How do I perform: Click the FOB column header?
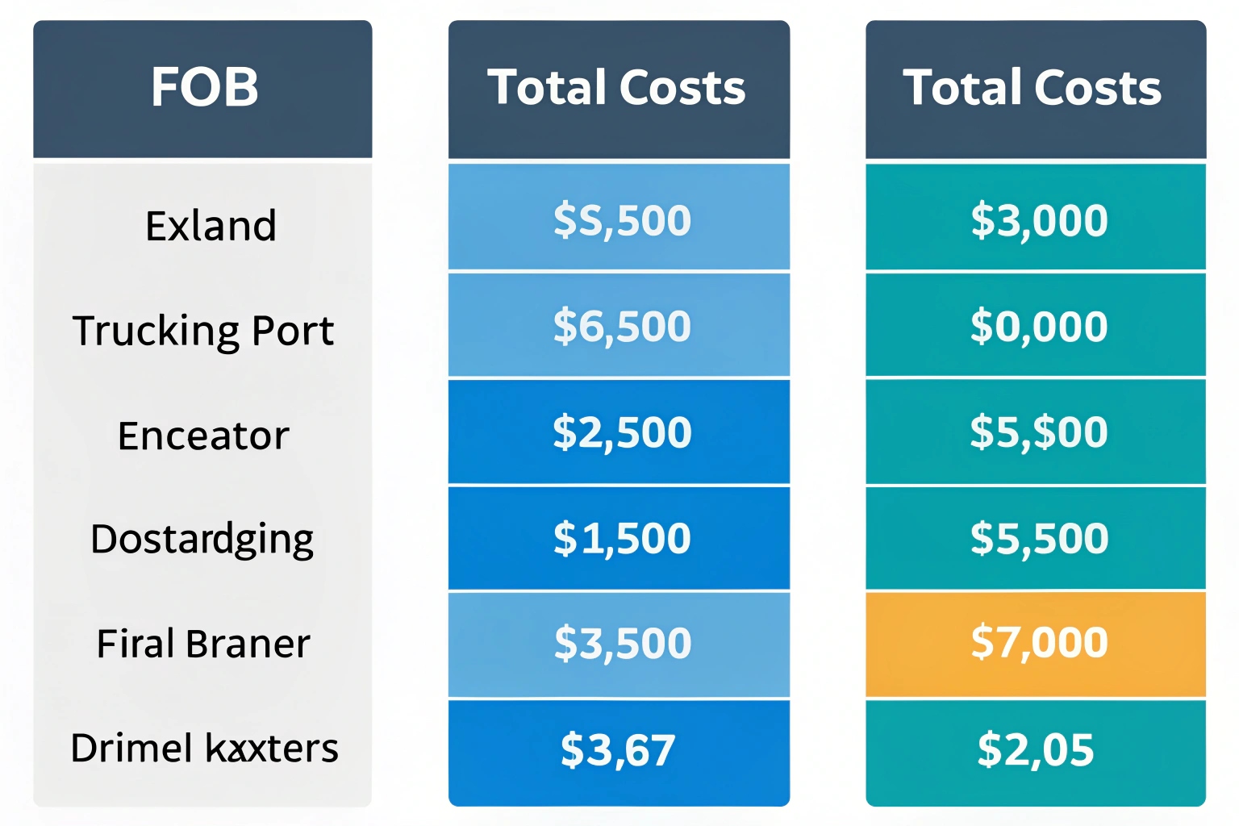203,88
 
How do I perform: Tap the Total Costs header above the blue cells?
618,88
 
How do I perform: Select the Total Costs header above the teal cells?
1034,88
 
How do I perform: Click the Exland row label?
211,225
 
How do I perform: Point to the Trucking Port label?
203,331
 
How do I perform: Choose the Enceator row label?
203,436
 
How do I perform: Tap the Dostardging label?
202,539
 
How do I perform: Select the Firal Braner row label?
203,644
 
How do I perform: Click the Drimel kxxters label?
204,748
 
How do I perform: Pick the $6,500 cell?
621,326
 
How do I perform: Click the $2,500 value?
621,432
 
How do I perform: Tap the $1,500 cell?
621,538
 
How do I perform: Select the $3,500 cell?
622,644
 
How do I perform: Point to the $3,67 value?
618,750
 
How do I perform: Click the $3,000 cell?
1039,220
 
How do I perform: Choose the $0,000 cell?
1039,326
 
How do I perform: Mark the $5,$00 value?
1039,432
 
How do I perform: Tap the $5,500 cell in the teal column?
1039,538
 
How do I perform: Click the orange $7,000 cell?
1039,643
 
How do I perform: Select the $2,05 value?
1036,750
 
